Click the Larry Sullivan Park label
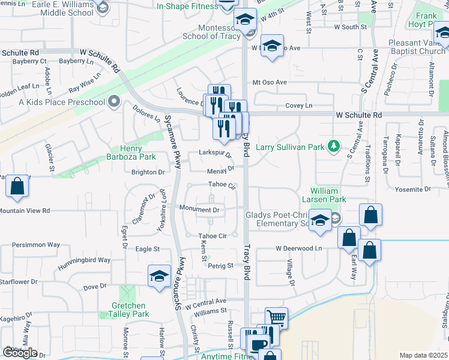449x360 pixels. (291, 146)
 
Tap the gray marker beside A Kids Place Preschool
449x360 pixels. (114, 101)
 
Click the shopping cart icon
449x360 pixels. (276, 317)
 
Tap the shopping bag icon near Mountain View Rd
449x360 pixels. (17, 187)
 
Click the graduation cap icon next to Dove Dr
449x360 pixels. (159, 276)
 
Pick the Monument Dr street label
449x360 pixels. (200, 210)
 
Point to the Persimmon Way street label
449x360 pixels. (37, 245)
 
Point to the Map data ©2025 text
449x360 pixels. (423, 355)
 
